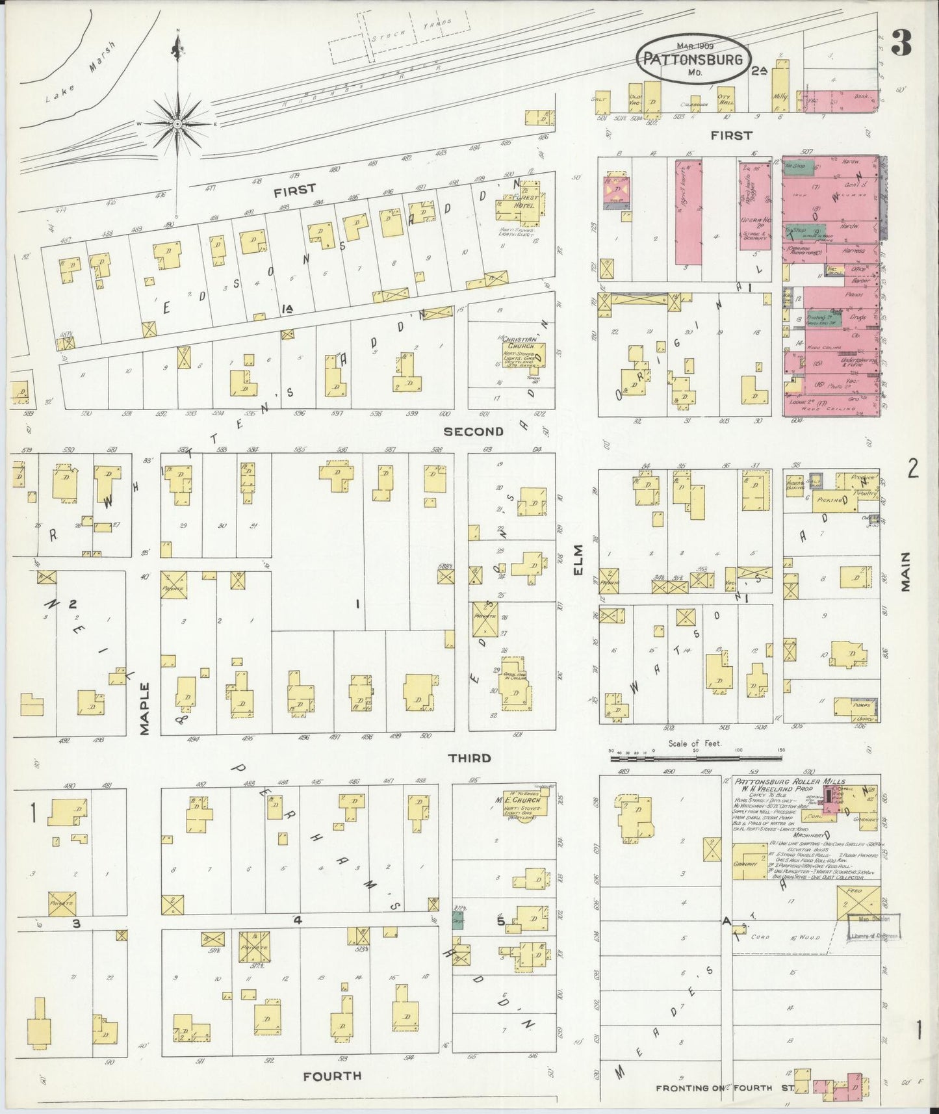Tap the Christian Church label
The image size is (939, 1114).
(521, 343)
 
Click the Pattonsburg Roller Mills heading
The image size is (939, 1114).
(790, 781)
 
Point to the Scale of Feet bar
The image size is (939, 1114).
(695, 757)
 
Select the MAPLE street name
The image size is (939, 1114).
(144, 708)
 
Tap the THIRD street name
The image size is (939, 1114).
(469, 758)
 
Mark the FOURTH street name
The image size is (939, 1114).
(332, 1076)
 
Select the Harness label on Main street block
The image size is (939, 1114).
(855, 250)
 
